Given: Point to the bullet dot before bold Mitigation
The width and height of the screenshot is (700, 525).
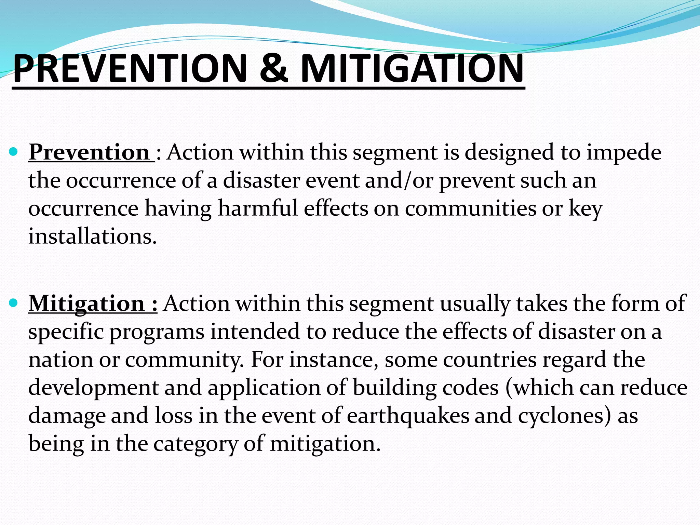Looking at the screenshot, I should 14,302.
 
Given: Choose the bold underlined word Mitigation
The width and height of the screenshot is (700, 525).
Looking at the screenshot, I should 86,304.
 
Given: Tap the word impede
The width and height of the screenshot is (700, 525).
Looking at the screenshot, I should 624,153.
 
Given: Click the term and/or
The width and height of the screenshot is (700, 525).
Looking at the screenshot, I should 399,180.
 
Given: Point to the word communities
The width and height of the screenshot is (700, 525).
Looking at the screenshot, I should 471,208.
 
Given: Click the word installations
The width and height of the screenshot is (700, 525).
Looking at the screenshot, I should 92,236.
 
